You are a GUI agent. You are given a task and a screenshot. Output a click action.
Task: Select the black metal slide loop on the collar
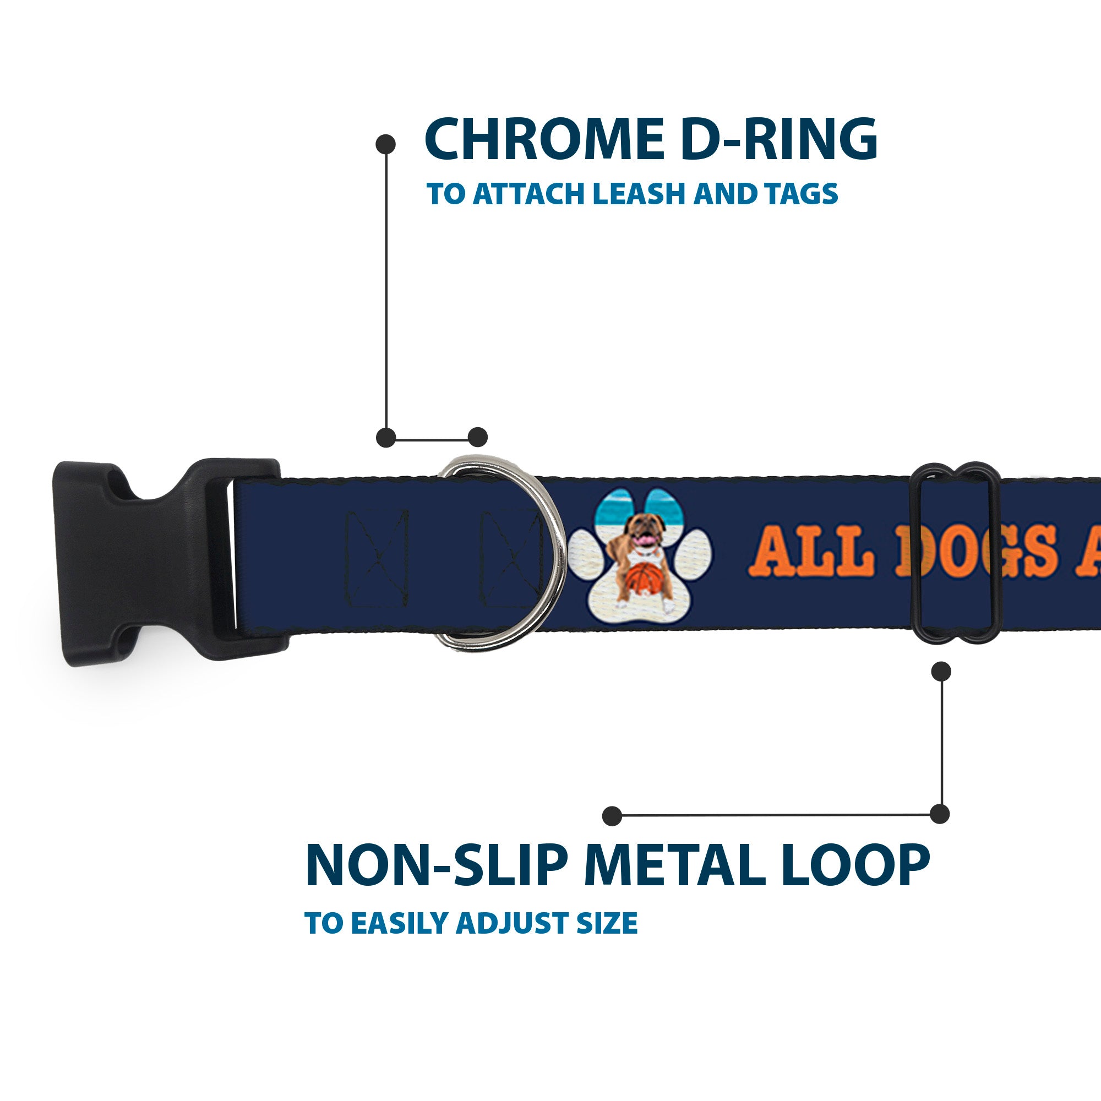pyautogui.click(x=957, y=553)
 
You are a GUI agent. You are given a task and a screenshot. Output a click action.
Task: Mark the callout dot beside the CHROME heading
pyautogui.click(x=386, y=144)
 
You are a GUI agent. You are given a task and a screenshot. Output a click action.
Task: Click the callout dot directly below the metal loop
pyautogui.click(x=941, y=671)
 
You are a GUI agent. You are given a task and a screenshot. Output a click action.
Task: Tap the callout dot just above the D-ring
pyautogui.click(x=477, y=437)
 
